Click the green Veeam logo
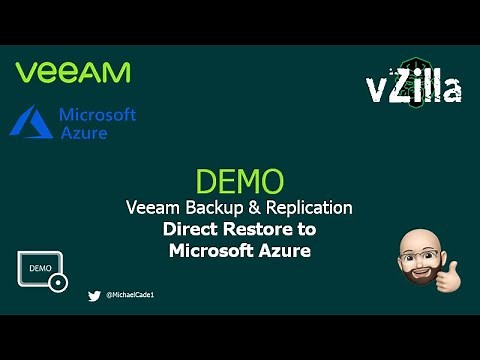tap(73, 73)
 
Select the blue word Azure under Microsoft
tap(82, 133)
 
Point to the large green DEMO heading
tap(240, 182)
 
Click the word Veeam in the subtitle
tap(154, 208)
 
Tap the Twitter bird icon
tap(94, 296)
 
